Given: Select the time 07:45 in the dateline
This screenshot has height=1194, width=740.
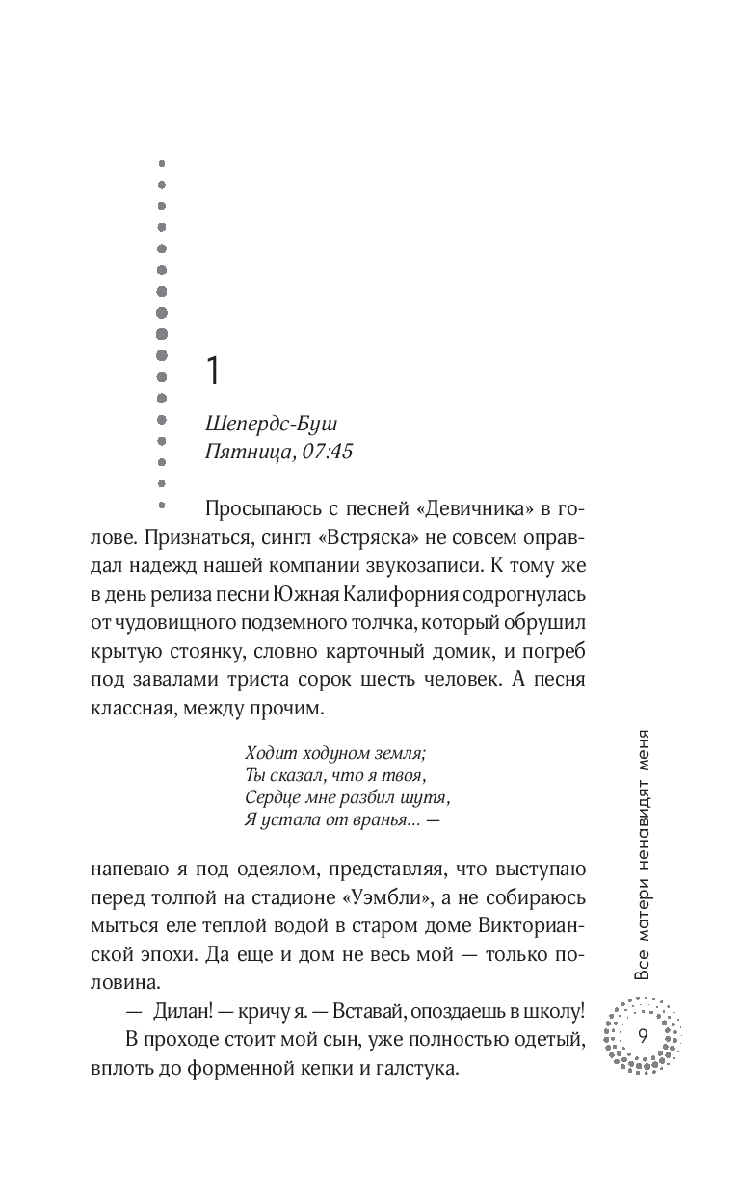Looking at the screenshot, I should coord(327,451).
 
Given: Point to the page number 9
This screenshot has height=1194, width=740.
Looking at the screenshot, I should coord(642,1036).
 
